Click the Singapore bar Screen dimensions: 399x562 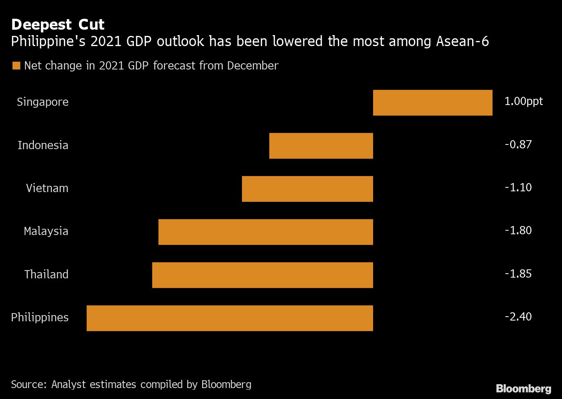pyautogui.click(x=432, y=103)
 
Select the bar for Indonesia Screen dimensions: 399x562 pyautogui.click(x=321, y=146)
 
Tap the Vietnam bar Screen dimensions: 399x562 pyautogui.click(x=307, y=189)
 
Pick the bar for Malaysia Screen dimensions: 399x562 pyautogui.click(x=265, y=232)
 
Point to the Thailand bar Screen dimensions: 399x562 pyautogui.click(x=262, y=275)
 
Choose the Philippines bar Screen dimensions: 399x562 pyautogui.click(x=229, y=318)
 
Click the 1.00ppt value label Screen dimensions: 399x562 pyautogui.click(x=523, y=102)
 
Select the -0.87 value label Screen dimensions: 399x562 pyautogui.click(x=518, y=144)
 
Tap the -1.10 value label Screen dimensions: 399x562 pyautogui.click(x=518, y=187)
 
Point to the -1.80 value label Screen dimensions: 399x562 pyautogui.click(x=518, y=230)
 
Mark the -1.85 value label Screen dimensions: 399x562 pyautogui.click(x=518, y=274)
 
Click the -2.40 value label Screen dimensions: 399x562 pyautogui.click(x=518, y=317)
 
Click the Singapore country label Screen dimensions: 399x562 pyautogui.click(x=43, y=102)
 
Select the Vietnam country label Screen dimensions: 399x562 pyautogui.click(x=47, y=188)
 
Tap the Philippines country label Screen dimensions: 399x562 pyautogui.click(x=39, y=317)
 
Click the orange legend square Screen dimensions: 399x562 pyautogui.click(x=16, y=66)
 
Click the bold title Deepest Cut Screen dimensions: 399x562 pyautogui.click(x=58, y=25)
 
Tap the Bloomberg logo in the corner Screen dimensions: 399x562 pyautogui.click(x=523, y=388)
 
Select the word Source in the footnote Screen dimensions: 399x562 pyautogui.click(x=28, y=385)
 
